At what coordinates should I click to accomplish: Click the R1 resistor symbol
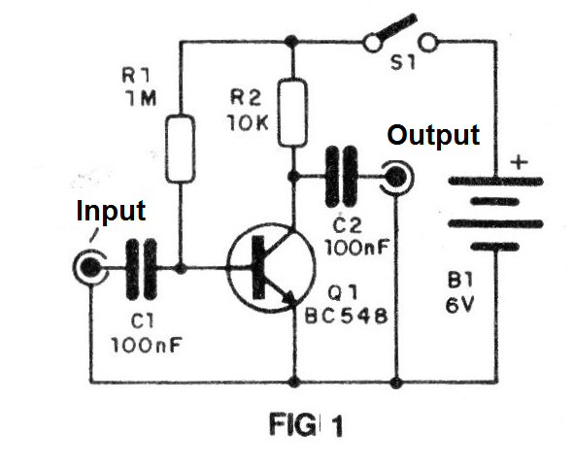180,149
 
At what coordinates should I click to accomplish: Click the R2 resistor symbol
291,113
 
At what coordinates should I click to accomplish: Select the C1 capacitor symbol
141,269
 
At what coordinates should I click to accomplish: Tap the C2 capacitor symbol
341,177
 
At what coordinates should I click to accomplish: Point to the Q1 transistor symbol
271,268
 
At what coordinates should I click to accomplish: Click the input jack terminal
90,268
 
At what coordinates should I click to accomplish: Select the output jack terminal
396,178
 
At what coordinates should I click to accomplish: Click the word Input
111,211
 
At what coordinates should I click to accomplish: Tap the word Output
433,135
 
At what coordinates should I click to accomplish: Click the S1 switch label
403,62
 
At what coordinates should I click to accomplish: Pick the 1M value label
140,98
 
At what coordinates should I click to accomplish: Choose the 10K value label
248,122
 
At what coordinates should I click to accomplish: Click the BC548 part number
347,316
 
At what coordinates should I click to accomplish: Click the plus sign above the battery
519,161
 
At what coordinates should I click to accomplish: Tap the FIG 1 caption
306,424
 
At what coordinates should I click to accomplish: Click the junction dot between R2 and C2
292,177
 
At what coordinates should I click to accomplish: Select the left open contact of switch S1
372,43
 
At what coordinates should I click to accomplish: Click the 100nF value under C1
146,345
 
